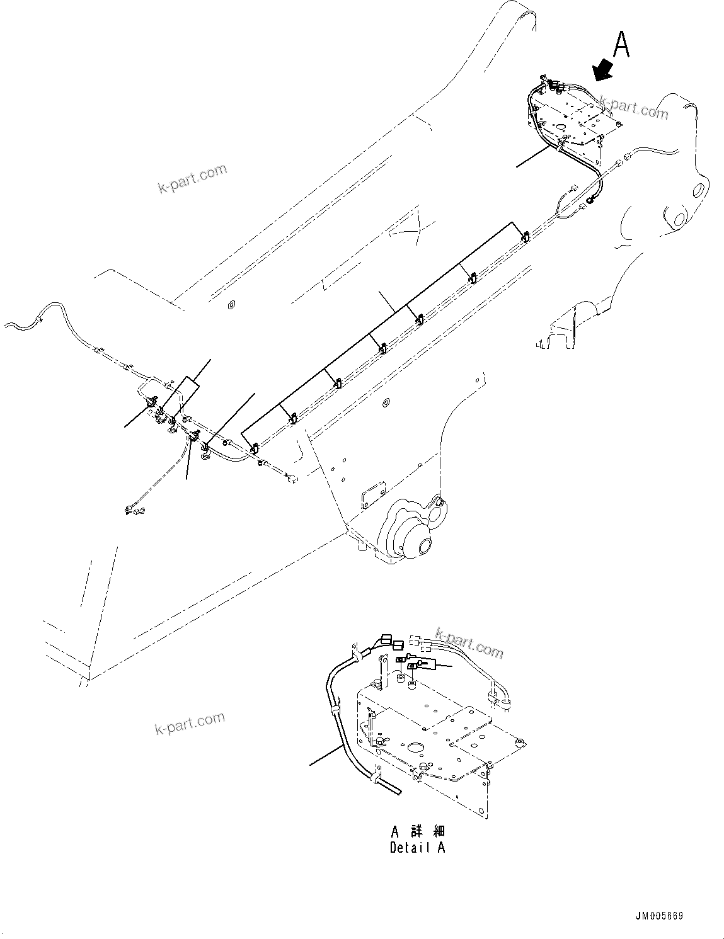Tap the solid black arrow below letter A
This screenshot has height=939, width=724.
tap(603, 70)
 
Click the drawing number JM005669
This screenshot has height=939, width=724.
tap(660, 916)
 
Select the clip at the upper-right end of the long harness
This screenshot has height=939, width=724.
tap(526, 236)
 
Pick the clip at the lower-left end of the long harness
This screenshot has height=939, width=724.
tap(254, 449)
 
